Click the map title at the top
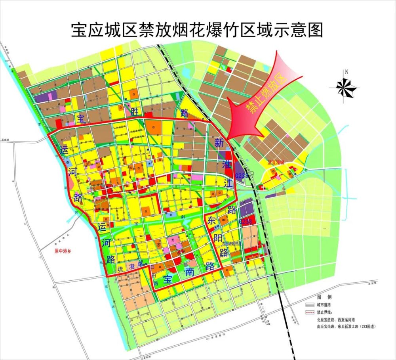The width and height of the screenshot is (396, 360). [x=197, y=30]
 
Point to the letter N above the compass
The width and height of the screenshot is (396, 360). [x=346, y=72]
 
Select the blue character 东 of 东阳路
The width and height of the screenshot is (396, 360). [x=211, y=222]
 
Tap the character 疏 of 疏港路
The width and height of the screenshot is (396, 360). [x=120, y=269]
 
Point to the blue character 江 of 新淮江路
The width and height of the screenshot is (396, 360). [x=227, y=183]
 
